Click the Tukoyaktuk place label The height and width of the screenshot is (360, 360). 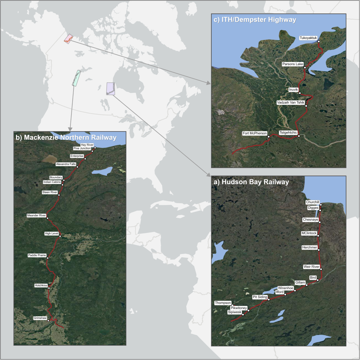[308, 38]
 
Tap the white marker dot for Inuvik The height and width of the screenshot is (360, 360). [300, 93]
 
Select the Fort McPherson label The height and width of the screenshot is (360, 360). [255, 133]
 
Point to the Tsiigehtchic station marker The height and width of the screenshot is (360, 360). [299, 136]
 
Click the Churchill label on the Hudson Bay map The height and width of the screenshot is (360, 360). [312, 202]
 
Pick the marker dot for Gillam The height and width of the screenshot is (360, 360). [307, 285]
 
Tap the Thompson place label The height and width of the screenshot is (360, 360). [223, 303]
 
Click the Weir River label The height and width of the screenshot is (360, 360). [311, 267]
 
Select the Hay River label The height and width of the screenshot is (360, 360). [87, 145]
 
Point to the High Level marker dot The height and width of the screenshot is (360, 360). [60, 236]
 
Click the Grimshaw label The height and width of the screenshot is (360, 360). [40, 318]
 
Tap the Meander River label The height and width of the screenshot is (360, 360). [37, 215]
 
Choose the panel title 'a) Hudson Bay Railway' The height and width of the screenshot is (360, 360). [251, 182]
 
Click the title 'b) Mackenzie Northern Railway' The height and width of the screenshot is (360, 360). [66, 137]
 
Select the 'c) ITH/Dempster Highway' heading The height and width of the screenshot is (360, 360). [255, 20]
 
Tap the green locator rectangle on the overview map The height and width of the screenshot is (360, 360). [76, 78]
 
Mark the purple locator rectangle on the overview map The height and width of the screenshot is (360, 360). [110, 89]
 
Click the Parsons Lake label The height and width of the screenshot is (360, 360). [292, 64]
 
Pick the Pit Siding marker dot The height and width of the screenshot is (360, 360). [269, 299]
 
